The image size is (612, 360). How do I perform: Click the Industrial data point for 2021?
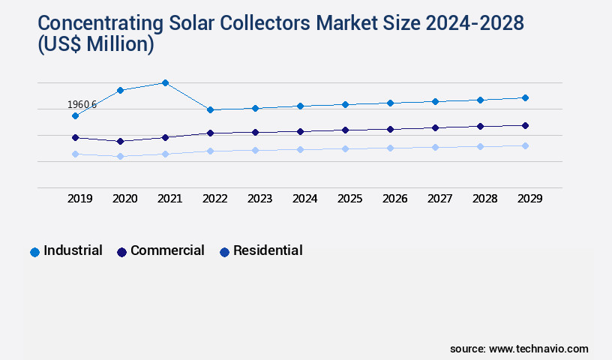pos(165,82)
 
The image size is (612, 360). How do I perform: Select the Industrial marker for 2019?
pos(75,115)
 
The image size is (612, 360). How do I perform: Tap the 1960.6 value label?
pos(82,104)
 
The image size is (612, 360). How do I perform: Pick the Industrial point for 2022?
pos(210,109)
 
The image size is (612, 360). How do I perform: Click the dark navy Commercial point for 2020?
pos(120,141)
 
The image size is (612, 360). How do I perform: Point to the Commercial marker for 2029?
pos(525,125)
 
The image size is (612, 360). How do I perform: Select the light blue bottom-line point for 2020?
pos(120,156)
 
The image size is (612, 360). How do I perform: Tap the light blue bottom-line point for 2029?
pos(525,145)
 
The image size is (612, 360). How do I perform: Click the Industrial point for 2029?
pos(525,97)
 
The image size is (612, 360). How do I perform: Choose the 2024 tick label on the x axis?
pos(304,199)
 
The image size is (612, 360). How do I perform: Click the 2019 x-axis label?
pos(79,199)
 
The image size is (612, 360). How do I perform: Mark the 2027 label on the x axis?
pos(439,199)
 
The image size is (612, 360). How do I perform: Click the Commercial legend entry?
pos(160,250)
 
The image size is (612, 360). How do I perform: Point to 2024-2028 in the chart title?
pos(459,22)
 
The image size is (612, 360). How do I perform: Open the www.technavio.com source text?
pos(538,349)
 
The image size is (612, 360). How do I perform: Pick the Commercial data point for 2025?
pos(345,130)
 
